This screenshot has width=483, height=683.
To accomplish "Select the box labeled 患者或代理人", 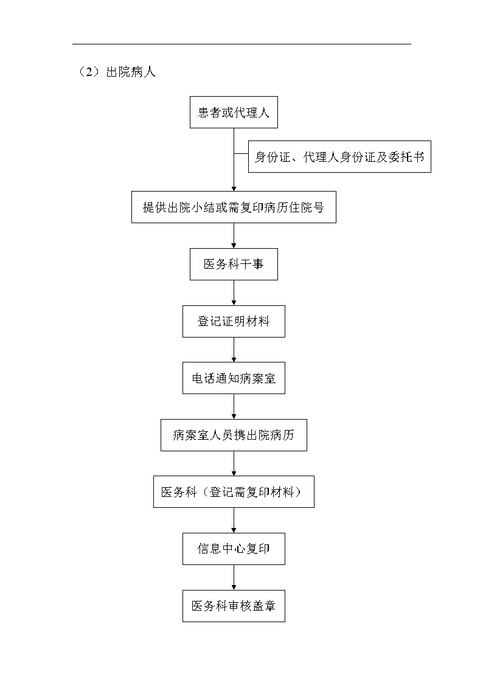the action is click(x=234, y=113).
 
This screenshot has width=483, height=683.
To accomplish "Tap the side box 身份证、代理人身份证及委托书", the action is click(x=339, y=157).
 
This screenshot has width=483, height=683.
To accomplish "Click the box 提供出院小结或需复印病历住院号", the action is click(x=234, y=207).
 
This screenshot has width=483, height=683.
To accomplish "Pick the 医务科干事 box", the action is click(x=234, y=265).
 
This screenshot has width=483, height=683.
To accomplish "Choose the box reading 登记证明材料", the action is click(x=234, y=322).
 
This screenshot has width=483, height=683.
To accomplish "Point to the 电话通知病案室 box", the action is click(x=234, y=378).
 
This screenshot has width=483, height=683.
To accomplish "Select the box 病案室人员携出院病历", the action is click(x=234, y=435).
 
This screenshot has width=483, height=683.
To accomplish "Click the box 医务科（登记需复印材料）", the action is click(x=234, y=492).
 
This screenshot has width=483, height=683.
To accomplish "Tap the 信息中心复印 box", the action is click(x=234, y=549).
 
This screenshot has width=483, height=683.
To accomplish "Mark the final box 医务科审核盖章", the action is click(x=234, y=606).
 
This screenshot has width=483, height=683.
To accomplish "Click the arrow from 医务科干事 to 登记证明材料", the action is click(x=234, y=293).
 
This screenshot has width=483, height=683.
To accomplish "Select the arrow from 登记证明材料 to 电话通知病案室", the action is click(x=234, y=350).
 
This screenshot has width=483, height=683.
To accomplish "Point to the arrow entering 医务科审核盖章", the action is click(x=234, y=578).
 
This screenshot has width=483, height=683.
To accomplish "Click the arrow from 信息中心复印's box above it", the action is click(x=234, y=521).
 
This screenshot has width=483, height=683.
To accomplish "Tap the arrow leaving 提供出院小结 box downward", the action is click(x=234, y=235).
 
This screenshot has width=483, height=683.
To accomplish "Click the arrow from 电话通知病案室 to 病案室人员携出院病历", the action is click(x=234, y=407).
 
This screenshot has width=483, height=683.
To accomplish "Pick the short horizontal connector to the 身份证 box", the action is click(x=241, y=153).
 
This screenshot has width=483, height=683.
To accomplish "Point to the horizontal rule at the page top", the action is click(x=241, y=44).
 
